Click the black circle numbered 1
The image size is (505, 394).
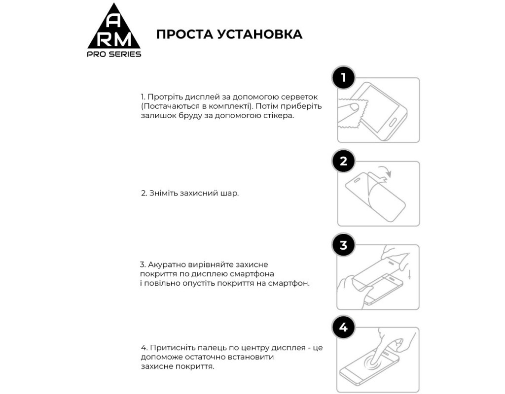pyautogui.click(x=343, y=78)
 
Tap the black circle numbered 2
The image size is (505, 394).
pyautogui.click(x=343, y=162)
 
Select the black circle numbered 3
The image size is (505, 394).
pyautogui.click(x=343, y=245)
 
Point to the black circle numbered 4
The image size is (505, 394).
pyautogui.click(x=343, y=328)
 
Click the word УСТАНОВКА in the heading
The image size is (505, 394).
pyautogui.click(x=261, y=34)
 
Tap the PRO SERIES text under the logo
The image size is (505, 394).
pyautogui.click(x=114, y=54)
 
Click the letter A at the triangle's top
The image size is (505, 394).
pyautogui.click(x=114, y=21)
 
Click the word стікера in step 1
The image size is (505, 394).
pyautogui.click(x=276, y=116)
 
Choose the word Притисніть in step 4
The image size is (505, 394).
pyautogui.click(x=172, y=348)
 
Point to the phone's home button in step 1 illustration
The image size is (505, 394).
pyautogui.click(x=395, y=122)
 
